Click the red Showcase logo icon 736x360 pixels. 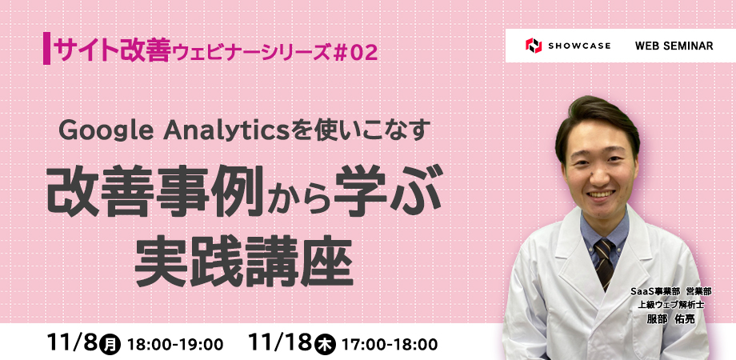(534, 46)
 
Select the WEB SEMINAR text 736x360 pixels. (674, 46)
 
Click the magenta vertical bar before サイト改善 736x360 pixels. (46, 48)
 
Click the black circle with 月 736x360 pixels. (110, 345)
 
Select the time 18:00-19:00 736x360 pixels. (175, 345)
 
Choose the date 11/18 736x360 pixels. (281, 343)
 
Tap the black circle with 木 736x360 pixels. (325, 345)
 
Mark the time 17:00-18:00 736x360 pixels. (390, 345)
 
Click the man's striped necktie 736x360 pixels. (604, 263)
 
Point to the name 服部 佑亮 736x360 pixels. (670, 318)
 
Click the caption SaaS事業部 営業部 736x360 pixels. (671, 292)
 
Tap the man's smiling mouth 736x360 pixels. (601, 194)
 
